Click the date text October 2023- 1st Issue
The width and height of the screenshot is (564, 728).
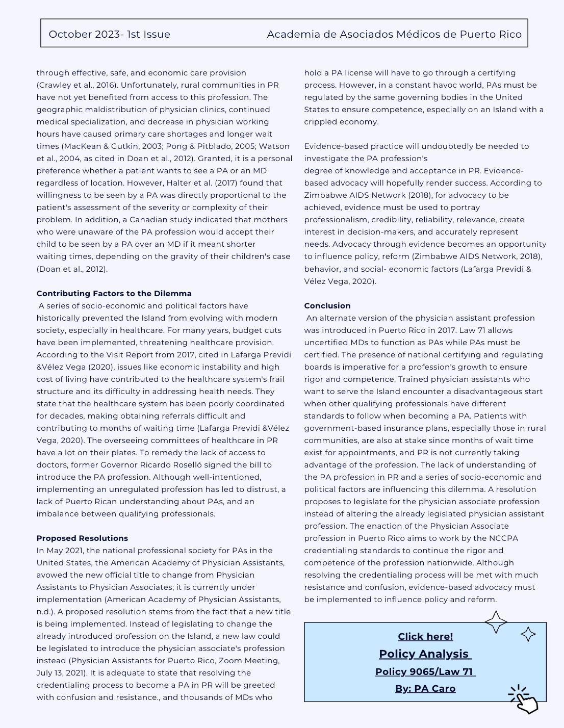[x=109, y=34]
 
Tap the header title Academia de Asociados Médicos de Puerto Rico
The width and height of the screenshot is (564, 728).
[x=394, y=34]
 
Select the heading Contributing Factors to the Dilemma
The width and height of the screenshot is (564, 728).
[x=114, y=294]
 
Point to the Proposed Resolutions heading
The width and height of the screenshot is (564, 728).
[x=82, y=538]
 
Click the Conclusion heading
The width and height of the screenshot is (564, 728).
[x=327, y=306]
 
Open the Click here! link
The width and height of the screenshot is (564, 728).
[x=425, y=636]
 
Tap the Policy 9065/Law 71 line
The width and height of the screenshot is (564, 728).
[x=425, y=671]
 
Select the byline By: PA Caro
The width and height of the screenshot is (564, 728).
[x=425, y=689]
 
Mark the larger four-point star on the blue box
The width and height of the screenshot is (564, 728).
[x=496, y=622]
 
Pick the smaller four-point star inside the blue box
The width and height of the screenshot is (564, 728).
[x=528, y=634]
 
